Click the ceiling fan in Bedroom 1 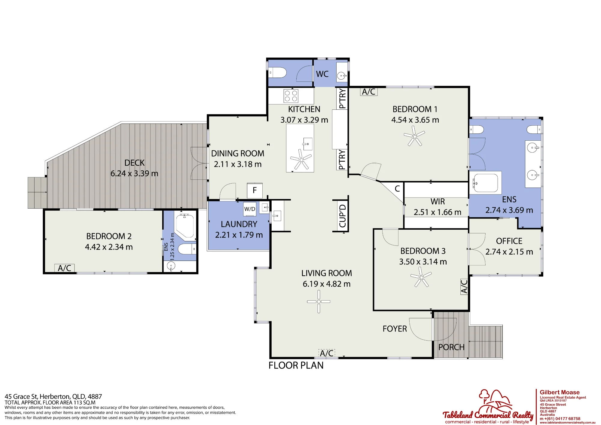(x=414, y=136)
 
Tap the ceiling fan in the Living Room (x=319, y=301)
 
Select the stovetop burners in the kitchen (x=291, y=96)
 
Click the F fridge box (x=255, y=190)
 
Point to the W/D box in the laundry (x=250, y=209)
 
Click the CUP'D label (x=343, y=216)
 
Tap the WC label (x=322, y=74)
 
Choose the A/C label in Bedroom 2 (x=64, y=268)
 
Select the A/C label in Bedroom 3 (x=464, y=286)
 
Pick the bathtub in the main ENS (x=485, y=182)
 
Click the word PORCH (x=451, y=347)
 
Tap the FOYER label (x=395, y=329)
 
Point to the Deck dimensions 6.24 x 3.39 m (x=134, y=173)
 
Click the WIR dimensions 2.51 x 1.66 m (x=437, y=212)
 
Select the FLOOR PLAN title (x=296, y=365)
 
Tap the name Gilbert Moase (x=560, y=392)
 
